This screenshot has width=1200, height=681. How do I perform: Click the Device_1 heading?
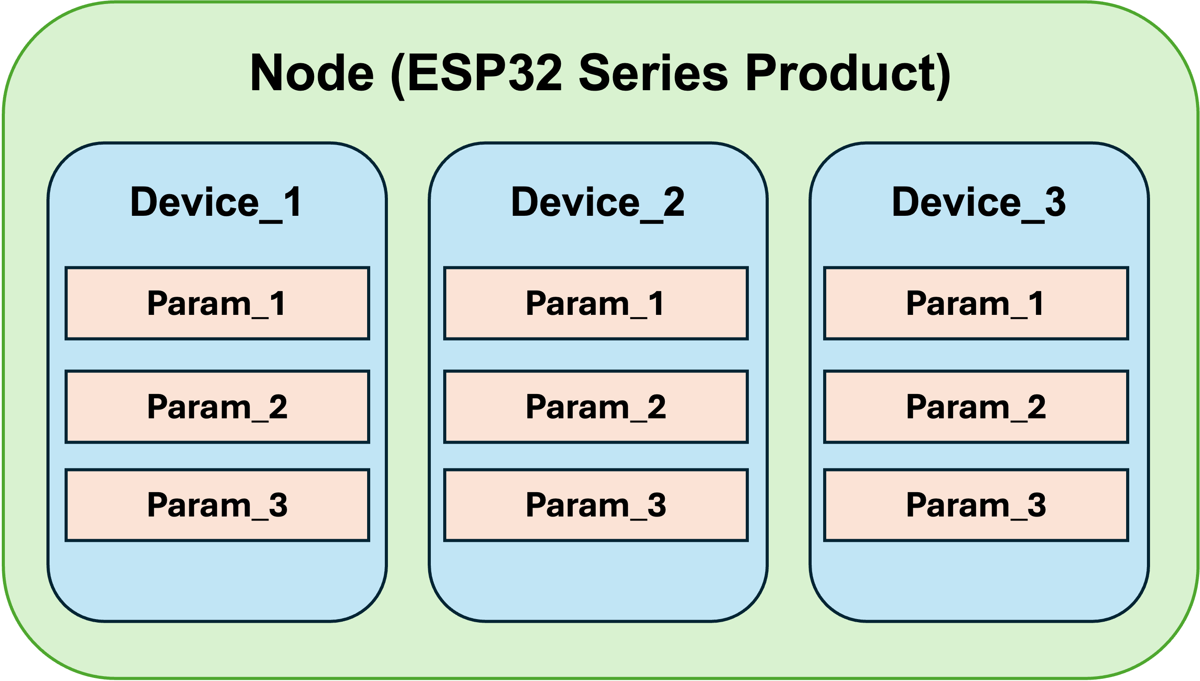tap(216, 202)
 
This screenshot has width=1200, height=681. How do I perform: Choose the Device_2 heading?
tap(598, 202)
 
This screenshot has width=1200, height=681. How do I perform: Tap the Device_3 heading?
tap(979, 202)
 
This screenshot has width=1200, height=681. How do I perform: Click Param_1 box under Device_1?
tap(218, 303)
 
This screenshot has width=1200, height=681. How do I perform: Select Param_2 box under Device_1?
tap(218, 407)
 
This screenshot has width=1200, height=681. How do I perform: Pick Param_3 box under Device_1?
tap(218, 505)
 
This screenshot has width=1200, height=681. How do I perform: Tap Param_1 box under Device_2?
tap(596, 303)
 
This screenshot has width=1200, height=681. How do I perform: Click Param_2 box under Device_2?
tap(596, 407)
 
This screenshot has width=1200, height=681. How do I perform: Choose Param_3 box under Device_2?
tap(596, 505)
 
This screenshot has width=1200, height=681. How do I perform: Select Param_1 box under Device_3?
tap(976, 303)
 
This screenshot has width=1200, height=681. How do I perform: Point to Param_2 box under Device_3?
tap(976, 407)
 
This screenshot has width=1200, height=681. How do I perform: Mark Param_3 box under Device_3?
tap(976, 505)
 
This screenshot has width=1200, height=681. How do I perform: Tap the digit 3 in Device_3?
tap(1055, 202)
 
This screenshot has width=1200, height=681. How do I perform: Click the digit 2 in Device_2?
tap(674, 202)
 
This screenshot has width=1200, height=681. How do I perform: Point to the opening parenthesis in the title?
tap(398, 76)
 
